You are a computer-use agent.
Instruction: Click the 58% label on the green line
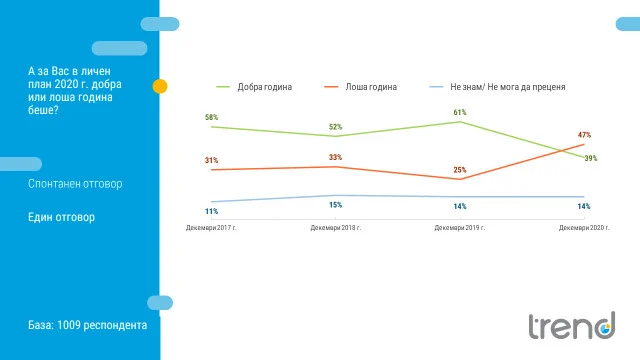211,118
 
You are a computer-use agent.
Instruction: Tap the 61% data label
460,112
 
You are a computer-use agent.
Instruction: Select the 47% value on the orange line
584,135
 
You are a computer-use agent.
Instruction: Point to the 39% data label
591,158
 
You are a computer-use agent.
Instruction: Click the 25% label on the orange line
460,170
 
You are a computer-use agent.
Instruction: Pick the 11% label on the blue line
211,211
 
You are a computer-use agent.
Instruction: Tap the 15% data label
336,205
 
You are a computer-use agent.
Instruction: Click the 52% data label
336,127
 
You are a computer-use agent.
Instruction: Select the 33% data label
336,157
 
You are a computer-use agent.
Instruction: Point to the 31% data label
211,160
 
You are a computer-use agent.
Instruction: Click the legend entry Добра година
254,87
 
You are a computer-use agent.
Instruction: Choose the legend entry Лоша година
360,87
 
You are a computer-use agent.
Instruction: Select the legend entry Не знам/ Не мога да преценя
498,87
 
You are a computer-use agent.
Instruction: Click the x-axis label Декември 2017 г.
211,228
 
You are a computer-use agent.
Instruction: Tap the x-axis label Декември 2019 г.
460,228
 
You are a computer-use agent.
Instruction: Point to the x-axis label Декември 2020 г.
584,228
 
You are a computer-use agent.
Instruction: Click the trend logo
572,325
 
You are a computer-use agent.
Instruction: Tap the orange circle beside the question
160,86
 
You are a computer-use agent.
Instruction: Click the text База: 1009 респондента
87,325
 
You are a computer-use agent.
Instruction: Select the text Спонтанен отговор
75,184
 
